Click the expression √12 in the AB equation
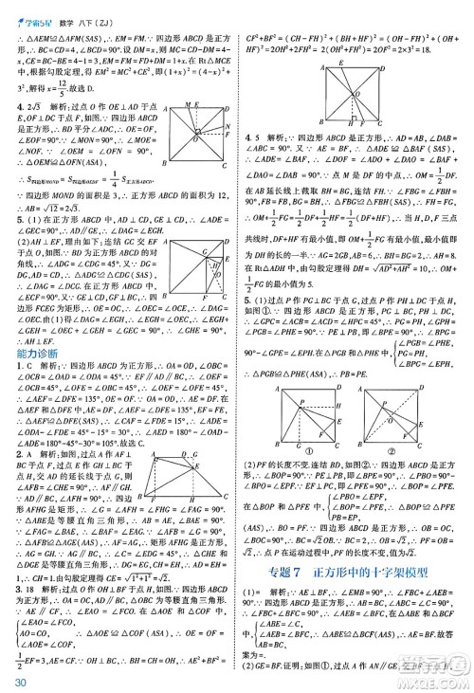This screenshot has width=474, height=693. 81,220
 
